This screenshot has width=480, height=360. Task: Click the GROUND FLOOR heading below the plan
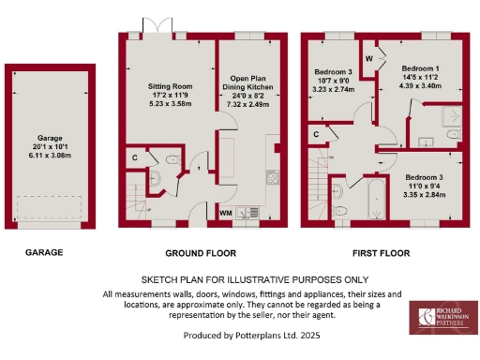(x=200, y=253)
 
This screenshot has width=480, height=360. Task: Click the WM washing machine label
(x=225, y=213)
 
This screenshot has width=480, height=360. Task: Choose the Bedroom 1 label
(x=421, y=69)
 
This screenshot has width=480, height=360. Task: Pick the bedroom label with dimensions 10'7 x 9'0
(x=334, y=72)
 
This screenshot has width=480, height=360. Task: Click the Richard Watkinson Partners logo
(x=442, y=318)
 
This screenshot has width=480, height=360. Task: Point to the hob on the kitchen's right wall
(x=273, y=176)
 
